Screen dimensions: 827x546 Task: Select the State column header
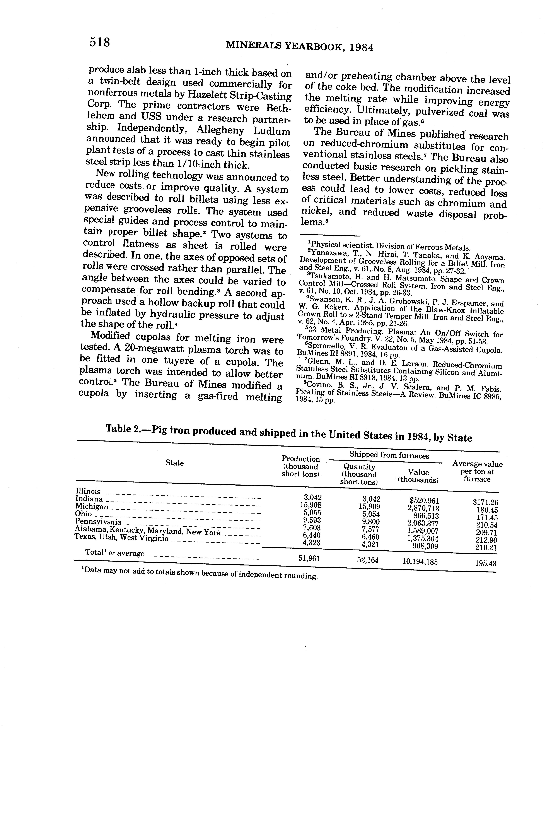[x=174, y=463]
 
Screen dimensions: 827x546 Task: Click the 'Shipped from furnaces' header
[x=389, y=455]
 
